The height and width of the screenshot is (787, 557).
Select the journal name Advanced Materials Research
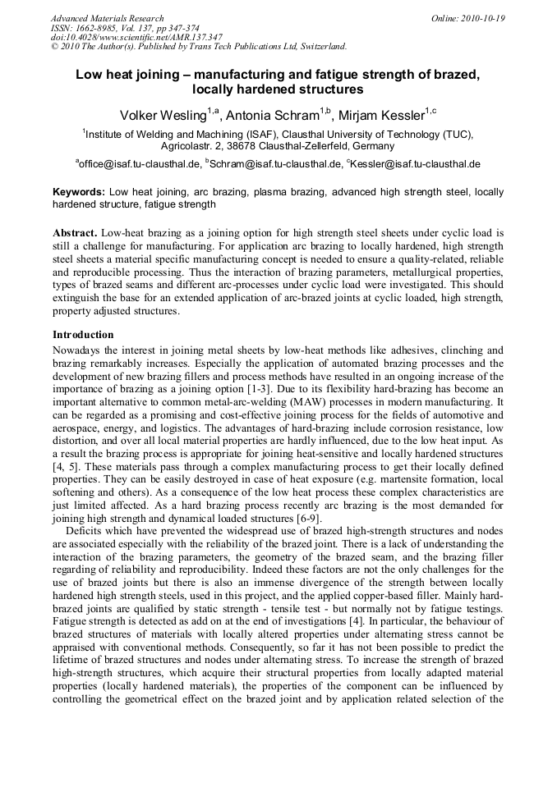(x=107, y=18)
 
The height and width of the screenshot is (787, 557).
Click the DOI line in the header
(x=136, y=37)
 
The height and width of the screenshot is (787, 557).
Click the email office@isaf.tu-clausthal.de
(x=140, y=164)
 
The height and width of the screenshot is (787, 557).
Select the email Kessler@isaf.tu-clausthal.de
(x=415, y=164)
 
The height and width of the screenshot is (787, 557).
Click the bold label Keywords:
(x=79, y=191)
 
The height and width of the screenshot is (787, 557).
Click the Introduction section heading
(x=83, y=335)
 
